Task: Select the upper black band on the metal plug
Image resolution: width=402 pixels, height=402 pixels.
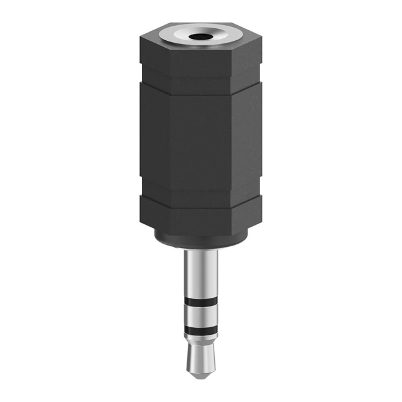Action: click(200, 306)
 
